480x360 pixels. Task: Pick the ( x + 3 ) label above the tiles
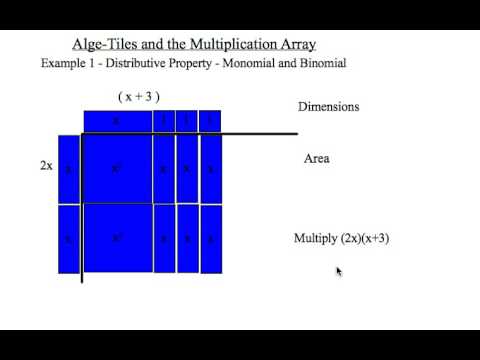[x=139, y=97]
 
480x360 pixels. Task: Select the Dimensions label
[x=328, y=107]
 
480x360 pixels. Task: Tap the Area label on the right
[x=316, y=159]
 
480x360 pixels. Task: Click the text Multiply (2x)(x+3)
[x=340, y=239]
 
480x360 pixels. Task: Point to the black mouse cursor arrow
[x=339, y=270]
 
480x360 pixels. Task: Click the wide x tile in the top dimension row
[x=116, y=121]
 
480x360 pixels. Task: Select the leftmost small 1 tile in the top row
[x=164, y=121]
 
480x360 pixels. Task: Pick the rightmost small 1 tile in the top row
[x=210, y=121]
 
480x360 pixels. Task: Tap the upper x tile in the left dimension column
[x=68, y=169]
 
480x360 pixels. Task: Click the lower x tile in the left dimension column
[x=68, y=238]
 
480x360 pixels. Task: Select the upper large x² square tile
[x=116, y=169]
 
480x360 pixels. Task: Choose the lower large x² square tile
[x=116, y=238]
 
